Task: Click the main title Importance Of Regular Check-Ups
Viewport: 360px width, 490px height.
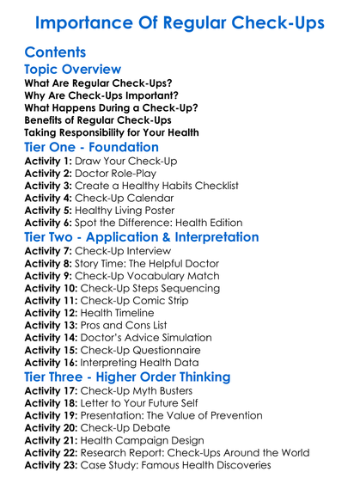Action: [180, 21]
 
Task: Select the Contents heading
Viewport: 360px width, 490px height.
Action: [57, 52]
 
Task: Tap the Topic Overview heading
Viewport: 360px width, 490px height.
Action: [73, 70]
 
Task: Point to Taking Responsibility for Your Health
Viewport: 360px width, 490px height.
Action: [111, 132]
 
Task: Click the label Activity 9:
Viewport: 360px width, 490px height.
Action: [49, 276]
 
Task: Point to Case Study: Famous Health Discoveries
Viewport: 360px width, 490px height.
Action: [176, 465]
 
